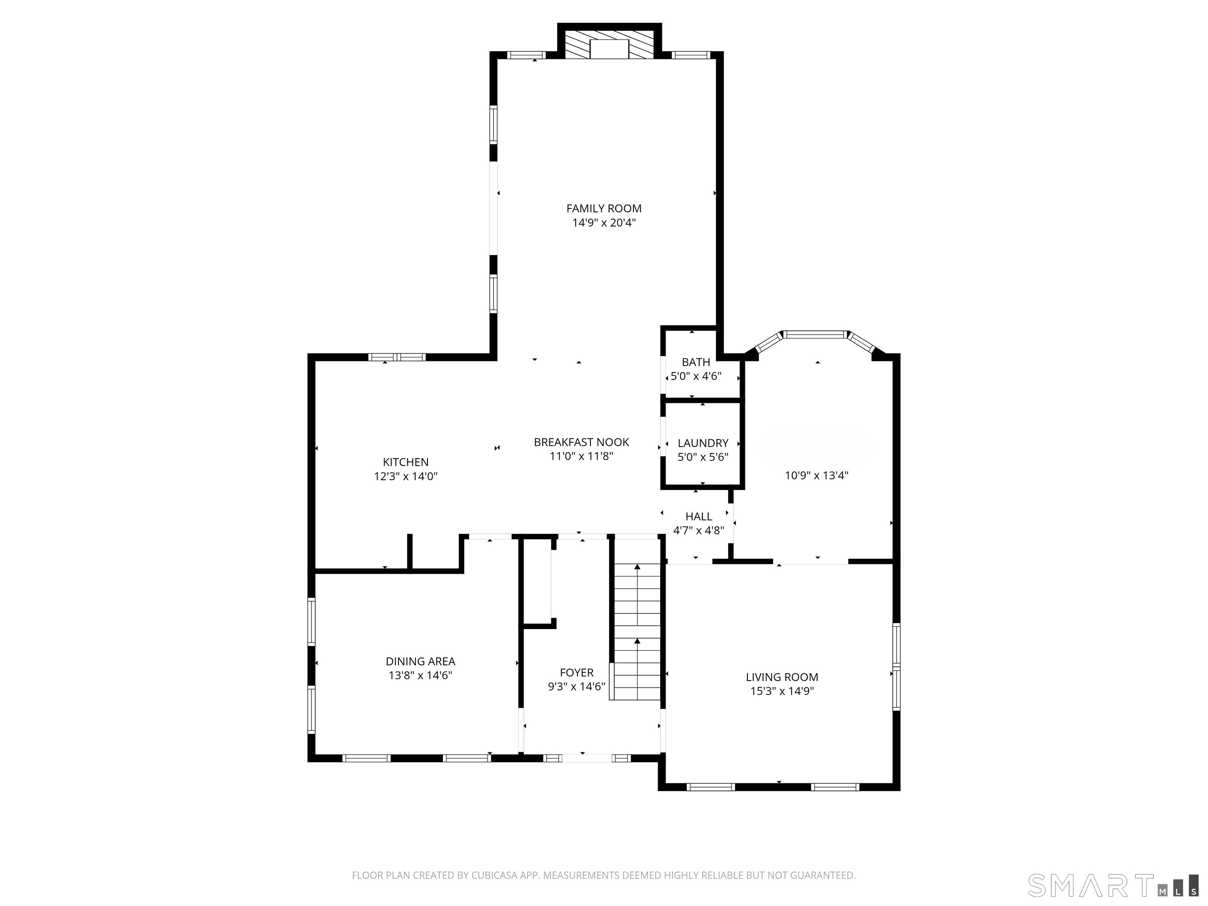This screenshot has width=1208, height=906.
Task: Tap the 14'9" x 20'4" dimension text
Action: point(604,223)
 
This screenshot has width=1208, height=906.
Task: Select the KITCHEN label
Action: point(406,462)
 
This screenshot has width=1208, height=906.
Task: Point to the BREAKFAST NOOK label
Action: point(581,442)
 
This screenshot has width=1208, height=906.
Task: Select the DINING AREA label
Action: point(420,661)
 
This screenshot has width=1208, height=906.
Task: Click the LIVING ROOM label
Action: point(782,677)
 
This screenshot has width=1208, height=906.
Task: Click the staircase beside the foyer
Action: point(637,632)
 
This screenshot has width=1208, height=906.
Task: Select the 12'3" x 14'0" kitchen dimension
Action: point(406,476)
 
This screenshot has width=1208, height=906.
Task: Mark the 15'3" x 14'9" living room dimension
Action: point(782,691)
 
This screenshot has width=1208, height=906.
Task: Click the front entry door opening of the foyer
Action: point(587,758)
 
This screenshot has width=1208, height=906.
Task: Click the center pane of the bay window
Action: point(816,334)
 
